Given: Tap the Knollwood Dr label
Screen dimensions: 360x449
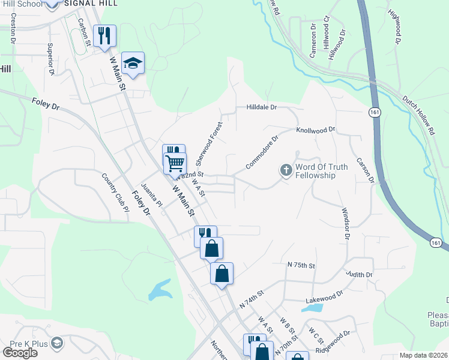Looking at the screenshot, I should [315, 130].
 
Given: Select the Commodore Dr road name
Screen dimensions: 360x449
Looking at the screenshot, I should [262, 154].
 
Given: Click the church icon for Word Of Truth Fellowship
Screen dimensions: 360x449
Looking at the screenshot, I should [286, 171].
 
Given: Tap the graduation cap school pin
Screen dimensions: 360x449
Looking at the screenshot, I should [133, 63].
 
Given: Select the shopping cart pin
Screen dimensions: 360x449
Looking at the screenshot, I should [175, 162].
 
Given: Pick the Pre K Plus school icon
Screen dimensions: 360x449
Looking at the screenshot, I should [58, 343].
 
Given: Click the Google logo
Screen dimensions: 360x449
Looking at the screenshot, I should [20, 352].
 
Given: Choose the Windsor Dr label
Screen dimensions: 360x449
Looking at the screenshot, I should [345, 223].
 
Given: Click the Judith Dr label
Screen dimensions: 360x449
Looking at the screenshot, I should [360, 274].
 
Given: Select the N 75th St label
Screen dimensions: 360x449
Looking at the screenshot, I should [301, 264].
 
